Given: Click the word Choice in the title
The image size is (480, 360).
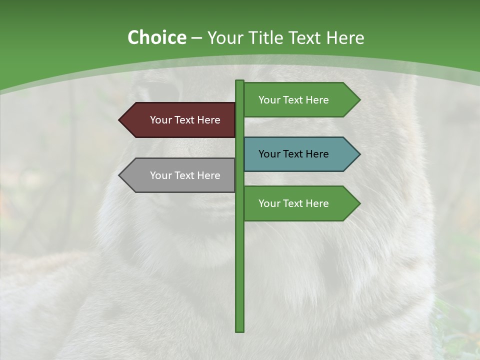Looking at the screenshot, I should click(156, 37).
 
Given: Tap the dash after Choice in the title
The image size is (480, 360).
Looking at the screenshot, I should click(196, 38).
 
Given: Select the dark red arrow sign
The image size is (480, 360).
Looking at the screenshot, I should click(180, 120).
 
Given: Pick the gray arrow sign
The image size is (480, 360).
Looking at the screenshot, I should click(180, 175).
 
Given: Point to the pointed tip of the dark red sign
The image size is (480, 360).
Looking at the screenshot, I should click(120, 120).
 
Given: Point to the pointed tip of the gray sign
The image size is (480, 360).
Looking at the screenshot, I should click(120, 175).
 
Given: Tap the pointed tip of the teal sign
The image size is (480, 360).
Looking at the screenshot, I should click(358, 154).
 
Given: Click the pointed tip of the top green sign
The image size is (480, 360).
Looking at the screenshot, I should click(358, 100).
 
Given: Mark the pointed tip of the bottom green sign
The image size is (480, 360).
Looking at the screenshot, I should click(358, 203).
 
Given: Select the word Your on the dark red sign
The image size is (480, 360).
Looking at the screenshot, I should click(161, 120).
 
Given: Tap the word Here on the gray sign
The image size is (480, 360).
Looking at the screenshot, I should click(208, 175).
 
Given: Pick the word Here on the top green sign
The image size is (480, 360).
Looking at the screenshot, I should click(317, 100).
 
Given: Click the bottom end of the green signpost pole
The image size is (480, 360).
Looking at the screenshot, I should click(239, 329).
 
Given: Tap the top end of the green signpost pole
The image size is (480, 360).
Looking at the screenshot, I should click(239, 82).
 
